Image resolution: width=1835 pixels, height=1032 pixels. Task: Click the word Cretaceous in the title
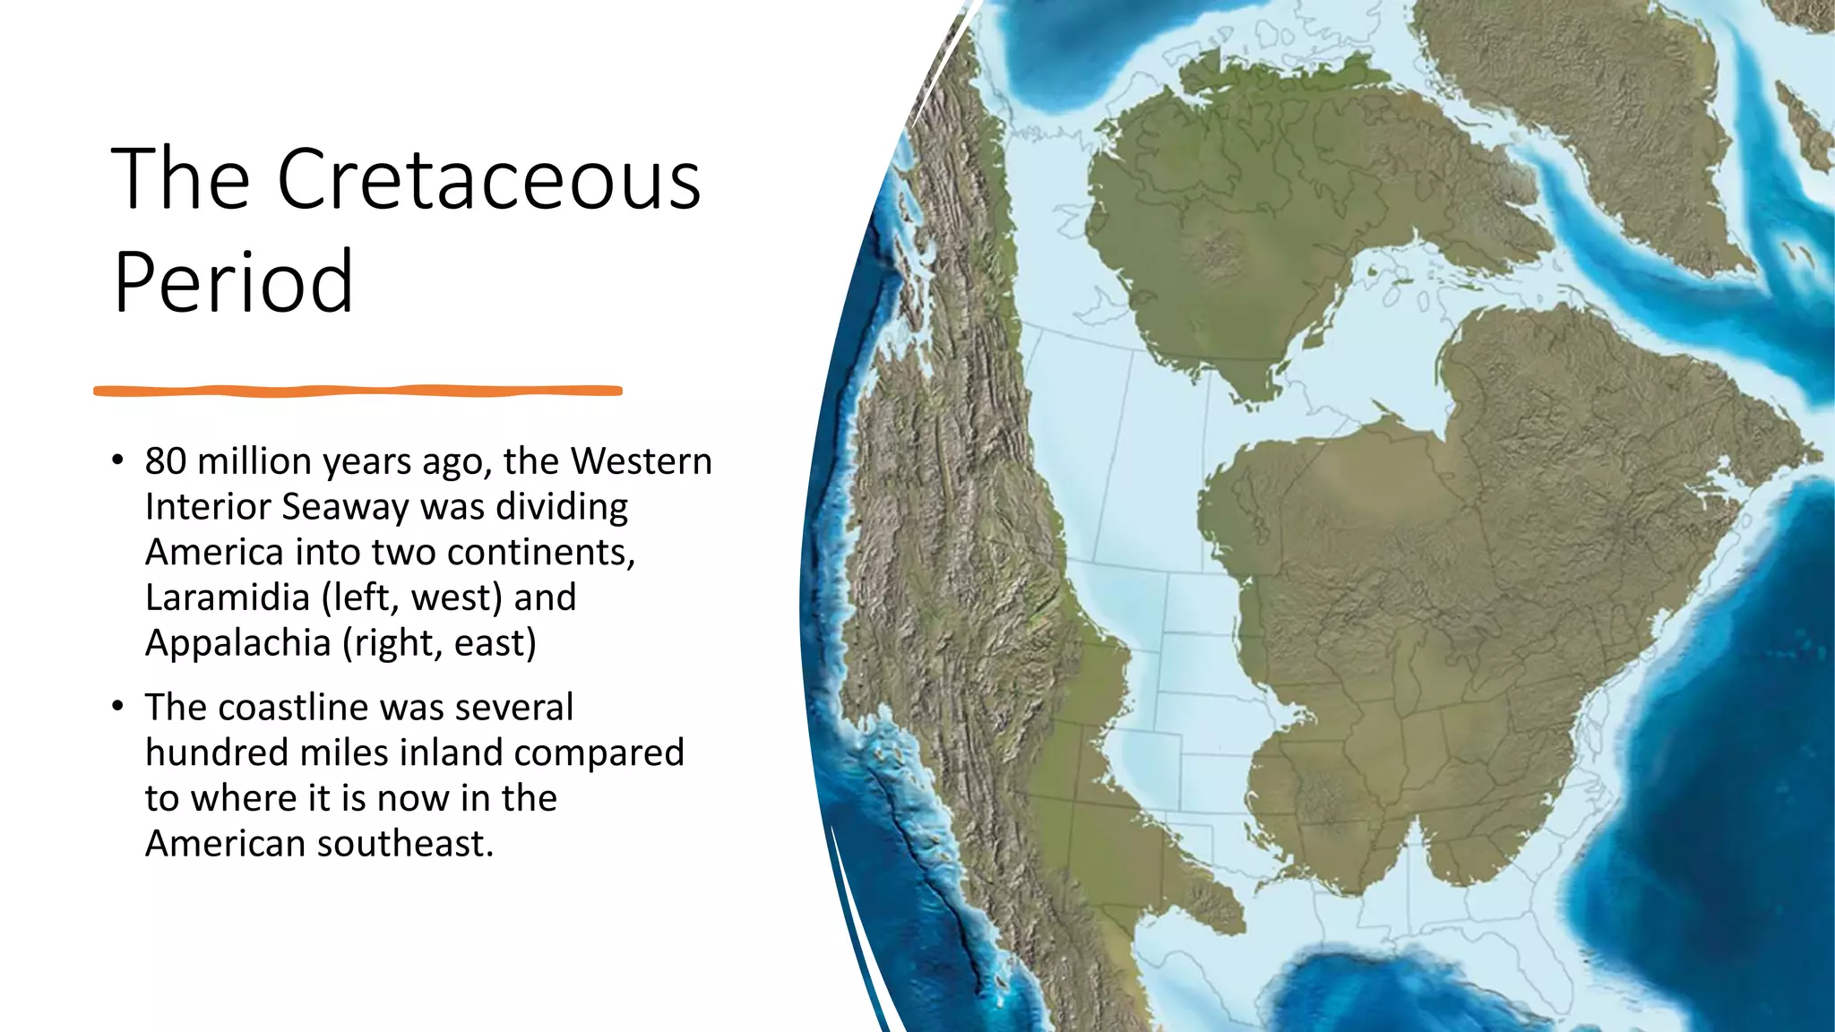(x=488, y=179)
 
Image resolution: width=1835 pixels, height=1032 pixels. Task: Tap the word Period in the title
(x=233, y=282)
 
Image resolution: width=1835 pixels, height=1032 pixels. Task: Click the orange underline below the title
(x=358, y=391)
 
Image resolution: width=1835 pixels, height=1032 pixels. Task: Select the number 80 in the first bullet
(x=166, y=461)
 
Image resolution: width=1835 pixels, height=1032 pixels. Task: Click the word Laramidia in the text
(x=228, y=598)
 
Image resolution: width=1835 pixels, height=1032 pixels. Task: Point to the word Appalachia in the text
(x=238, y=643)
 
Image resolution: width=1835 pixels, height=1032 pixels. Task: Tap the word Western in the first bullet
(x=641, y=461)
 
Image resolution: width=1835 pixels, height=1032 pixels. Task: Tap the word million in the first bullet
(x=254, y=461)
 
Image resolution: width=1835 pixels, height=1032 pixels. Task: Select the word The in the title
(x=179, y=179)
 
